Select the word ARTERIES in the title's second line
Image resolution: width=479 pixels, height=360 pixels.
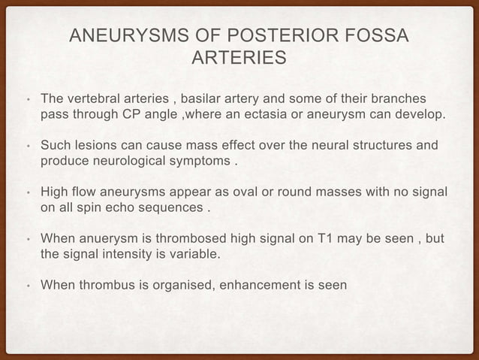click(x=239, y=58)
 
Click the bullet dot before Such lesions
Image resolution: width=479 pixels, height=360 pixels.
click(x=26, y=147)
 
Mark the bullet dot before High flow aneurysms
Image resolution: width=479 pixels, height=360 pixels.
click(x=26, y=193)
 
